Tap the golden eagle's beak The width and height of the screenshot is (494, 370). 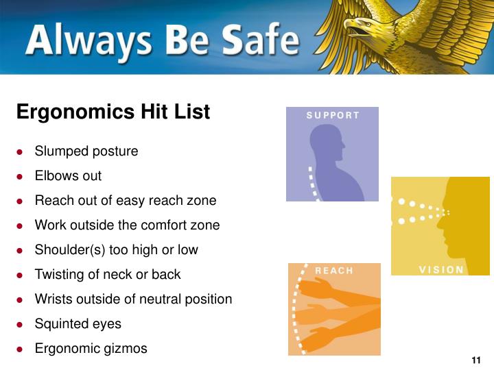click(354, 28)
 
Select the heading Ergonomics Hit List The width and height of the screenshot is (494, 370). click(113, 112)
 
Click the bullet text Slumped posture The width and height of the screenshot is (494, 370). click(86, 151)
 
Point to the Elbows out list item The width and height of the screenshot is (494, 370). click(68, 176)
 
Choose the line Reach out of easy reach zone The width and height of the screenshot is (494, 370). click(126, 201)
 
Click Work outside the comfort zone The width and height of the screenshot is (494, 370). click(128, 225)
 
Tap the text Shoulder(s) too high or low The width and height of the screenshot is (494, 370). click(117, 250)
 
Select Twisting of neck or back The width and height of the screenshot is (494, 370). click(108, 275)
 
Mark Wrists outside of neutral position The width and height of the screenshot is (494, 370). click(134, 299)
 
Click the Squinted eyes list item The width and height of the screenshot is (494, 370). click(78, 324)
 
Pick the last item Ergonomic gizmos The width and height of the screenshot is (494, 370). click(91, 349)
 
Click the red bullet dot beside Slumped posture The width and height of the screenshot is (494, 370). click(21, 152)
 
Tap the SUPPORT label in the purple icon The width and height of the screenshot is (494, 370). click(333, 115)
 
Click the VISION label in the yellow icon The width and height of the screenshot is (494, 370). click(441, 269)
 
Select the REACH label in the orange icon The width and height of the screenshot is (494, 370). click(333, 271)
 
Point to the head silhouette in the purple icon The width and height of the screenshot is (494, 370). click(327, 145)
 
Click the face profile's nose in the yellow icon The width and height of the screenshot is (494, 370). click(447, 212)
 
